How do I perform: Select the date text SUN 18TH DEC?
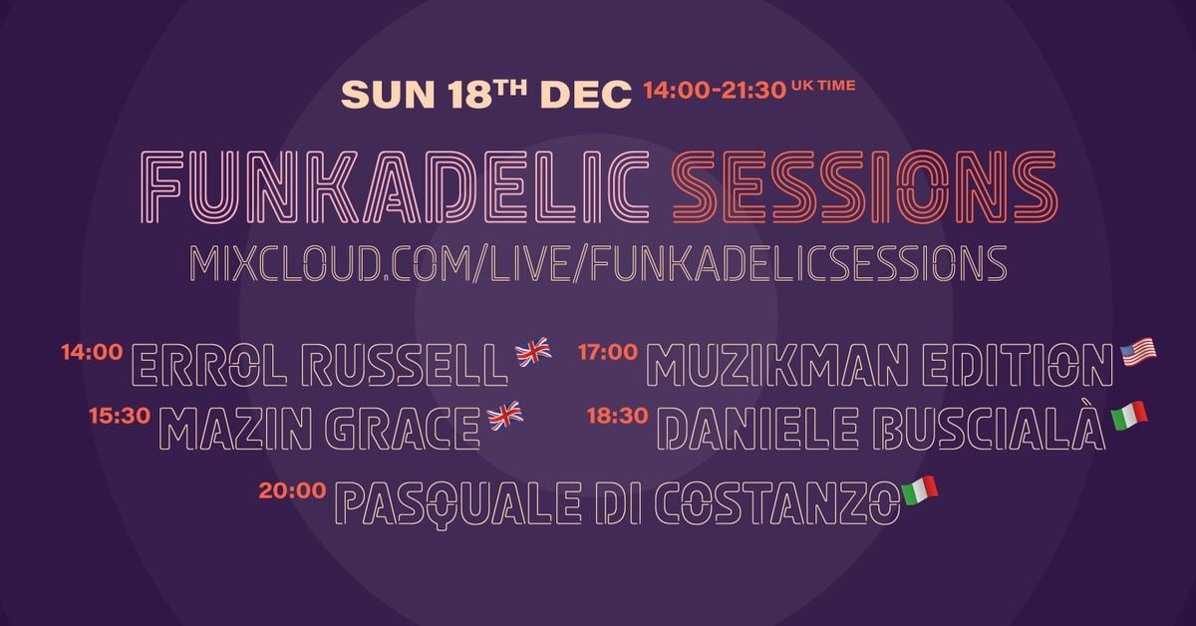tap(486, 95)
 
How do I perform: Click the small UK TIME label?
tap(822, 87)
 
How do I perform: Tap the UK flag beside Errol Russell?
tap(532, 351)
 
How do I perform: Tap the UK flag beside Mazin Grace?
tap(504, 416)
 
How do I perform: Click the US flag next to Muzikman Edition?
tap(1138, 352)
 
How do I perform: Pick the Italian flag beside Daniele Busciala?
tap(1129, 415)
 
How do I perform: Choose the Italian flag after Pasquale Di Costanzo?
tap(919, 490)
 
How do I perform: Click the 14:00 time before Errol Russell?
tap(92, 352)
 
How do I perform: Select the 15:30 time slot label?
tap(120, 416)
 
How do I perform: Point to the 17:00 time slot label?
tap(608, 352)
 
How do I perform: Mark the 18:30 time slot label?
tap(619, 416)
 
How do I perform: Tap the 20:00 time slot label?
tap(292, 490)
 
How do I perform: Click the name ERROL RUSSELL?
tap(319, 366)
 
